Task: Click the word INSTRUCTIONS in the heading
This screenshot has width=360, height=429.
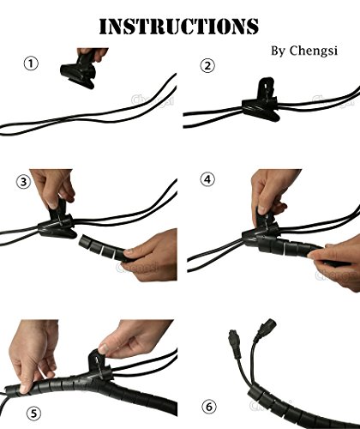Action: [x=179, y=25]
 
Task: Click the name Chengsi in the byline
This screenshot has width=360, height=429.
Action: [x=304, y=52]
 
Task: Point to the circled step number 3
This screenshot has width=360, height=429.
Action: [x=23, y=181]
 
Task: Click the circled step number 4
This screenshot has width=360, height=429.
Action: [x=207, y=180]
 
